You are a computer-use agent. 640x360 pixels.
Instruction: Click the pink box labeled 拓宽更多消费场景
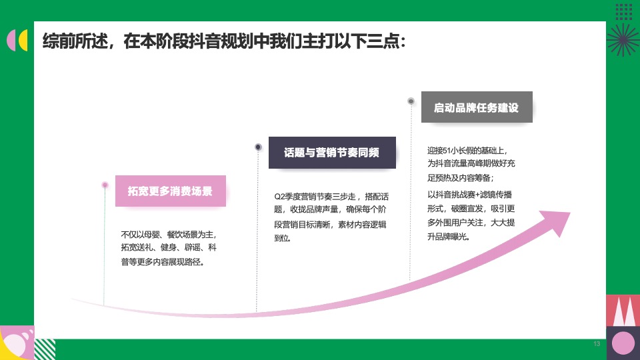170,191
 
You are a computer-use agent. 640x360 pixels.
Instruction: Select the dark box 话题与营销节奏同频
331,153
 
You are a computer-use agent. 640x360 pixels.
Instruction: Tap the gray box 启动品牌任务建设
476,107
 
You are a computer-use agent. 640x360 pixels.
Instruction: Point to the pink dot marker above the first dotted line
105,185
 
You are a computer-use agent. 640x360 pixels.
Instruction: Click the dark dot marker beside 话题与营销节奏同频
258,147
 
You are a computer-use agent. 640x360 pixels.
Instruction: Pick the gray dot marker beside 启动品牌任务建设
411,101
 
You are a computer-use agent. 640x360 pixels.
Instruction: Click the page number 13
596,343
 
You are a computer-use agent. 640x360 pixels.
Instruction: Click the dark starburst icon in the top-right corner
621,39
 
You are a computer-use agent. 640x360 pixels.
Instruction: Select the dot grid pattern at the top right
623,11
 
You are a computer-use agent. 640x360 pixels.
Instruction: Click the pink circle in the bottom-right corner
623,343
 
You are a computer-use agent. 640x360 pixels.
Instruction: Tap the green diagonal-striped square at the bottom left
45,349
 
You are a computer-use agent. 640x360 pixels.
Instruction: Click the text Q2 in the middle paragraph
280,197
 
